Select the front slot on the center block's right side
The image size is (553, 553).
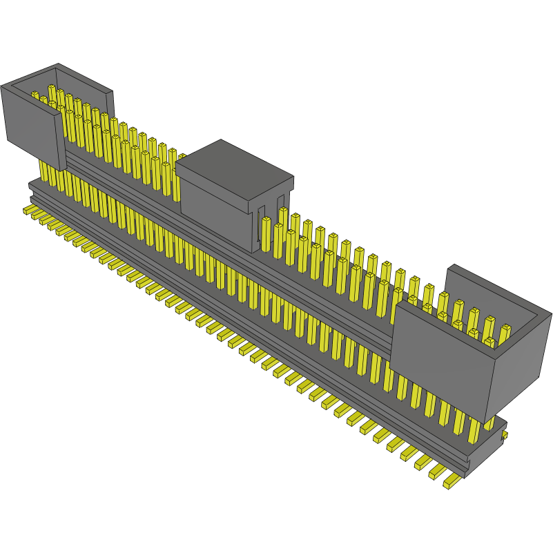pyautogui.click(x=263, y=228)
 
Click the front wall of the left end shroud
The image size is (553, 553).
pyautogui.click(x=31, y=124)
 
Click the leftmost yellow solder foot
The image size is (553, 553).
pyautogui.click(x=29, y=209)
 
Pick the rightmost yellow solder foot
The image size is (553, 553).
pyautogui.click(x=452, y=481)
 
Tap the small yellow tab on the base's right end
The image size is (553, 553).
pyautogui.click(x=505, y=435)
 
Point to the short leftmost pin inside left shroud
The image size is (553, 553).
pyautogui.click(x=35, y=96)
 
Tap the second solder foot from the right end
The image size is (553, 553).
pyautogui.click(x=437, y=471)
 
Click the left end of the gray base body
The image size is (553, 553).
pyautogui.click(x=32, y=186)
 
